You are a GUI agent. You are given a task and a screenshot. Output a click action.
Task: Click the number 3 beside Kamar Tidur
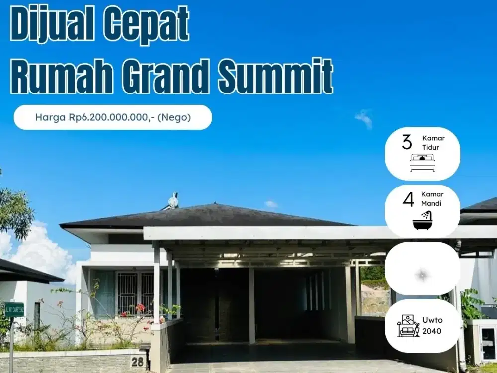coord(407,142)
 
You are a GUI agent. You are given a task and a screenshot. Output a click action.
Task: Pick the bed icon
coord(422,163)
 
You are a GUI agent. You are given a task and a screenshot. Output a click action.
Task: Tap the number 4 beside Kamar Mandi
coord(408,199)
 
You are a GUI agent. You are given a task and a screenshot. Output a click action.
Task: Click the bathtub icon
coord(422,220)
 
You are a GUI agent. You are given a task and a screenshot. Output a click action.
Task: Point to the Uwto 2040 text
coord(432,326)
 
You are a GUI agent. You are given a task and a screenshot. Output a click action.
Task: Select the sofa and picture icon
coord(408,326)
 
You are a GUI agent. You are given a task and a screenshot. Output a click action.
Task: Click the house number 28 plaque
coord(138,361)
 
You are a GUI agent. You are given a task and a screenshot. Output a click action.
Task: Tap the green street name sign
coord(14,309)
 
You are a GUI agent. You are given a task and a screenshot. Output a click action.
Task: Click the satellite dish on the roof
coord(172,201)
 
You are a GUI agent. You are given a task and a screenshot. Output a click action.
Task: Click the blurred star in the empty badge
coord(422,273)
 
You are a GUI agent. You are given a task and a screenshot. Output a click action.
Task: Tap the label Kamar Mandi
coord(432,199)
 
